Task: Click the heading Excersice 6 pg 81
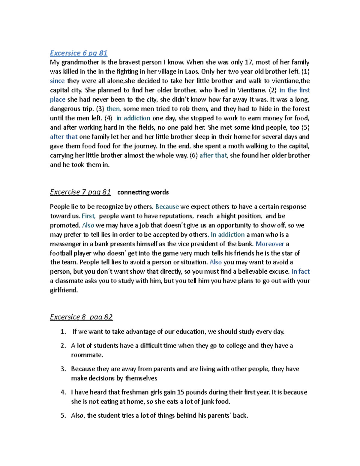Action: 79,53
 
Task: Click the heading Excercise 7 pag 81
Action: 80,192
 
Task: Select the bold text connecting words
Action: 143,192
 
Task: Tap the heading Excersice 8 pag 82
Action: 81,317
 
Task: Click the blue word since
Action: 57,81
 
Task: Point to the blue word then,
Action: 114,109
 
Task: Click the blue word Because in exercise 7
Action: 167,207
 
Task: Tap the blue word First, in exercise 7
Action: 88,216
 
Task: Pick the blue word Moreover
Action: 270,244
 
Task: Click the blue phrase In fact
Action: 300,272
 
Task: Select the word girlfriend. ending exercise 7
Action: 64,290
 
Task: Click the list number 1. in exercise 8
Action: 63,332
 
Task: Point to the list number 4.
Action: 63,392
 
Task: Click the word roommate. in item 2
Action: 87,355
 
